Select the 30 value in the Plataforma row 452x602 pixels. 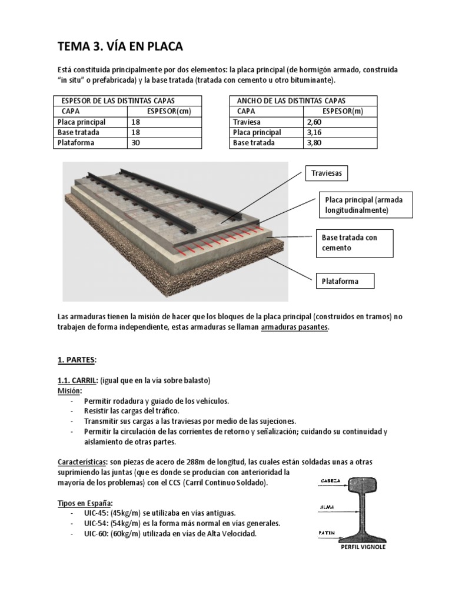tap(135, 143)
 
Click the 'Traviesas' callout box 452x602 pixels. tap(323, 174)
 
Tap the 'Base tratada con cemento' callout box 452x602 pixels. tap(354, 243)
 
